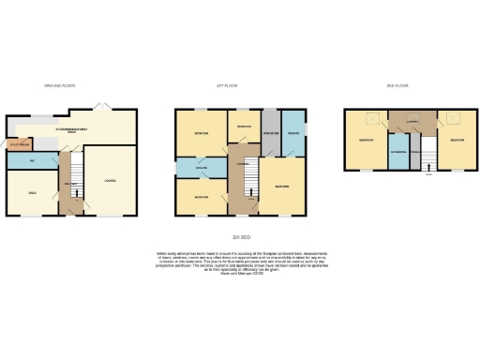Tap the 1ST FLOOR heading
pos(227,85)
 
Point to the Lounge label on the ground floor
pos(110,180)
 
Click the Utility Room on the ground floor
pos(19,145)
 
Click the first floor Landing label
pos(243,164)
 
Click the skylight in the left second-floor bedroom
pos(368,118)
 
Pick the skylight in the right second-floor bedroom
pos(457,118)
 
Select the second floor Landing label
pos(412,119)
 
